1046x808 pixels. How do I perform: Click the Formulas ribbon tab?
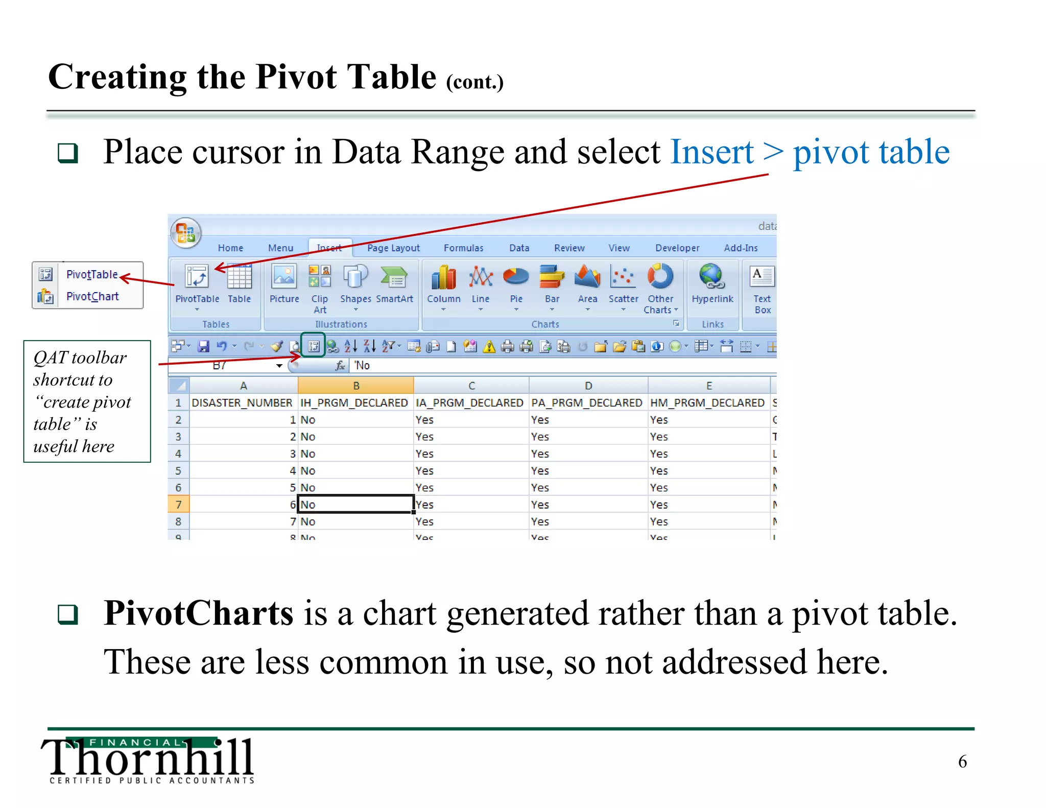463,248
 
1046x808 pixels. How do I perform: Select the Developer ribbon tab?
677,248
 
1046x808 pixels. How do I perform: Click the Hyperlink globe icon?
711,277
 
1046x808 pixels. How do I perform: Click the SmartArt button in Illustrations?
394,278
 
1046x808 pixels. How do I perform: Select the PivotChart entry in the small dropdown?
92,296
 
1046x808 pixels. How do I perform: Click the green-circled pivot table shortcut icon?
313,346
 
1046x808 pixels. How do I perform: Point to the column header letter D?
588,386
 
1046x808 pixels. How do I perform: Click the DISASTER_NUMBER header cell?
242,403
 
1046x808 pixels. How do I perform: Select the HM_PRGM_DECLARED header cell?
707,403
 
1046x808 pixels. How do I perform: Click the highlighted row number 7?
178,505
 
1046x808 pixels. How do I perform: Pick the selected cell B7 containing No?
355,505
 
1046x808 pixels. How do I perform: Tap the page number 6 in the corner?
962,762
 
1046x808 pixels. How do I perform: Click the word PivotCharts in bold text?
198,613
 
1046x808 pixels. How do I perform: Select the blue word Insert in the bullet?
711,152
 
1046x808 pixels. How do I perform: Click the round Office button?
186,233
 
